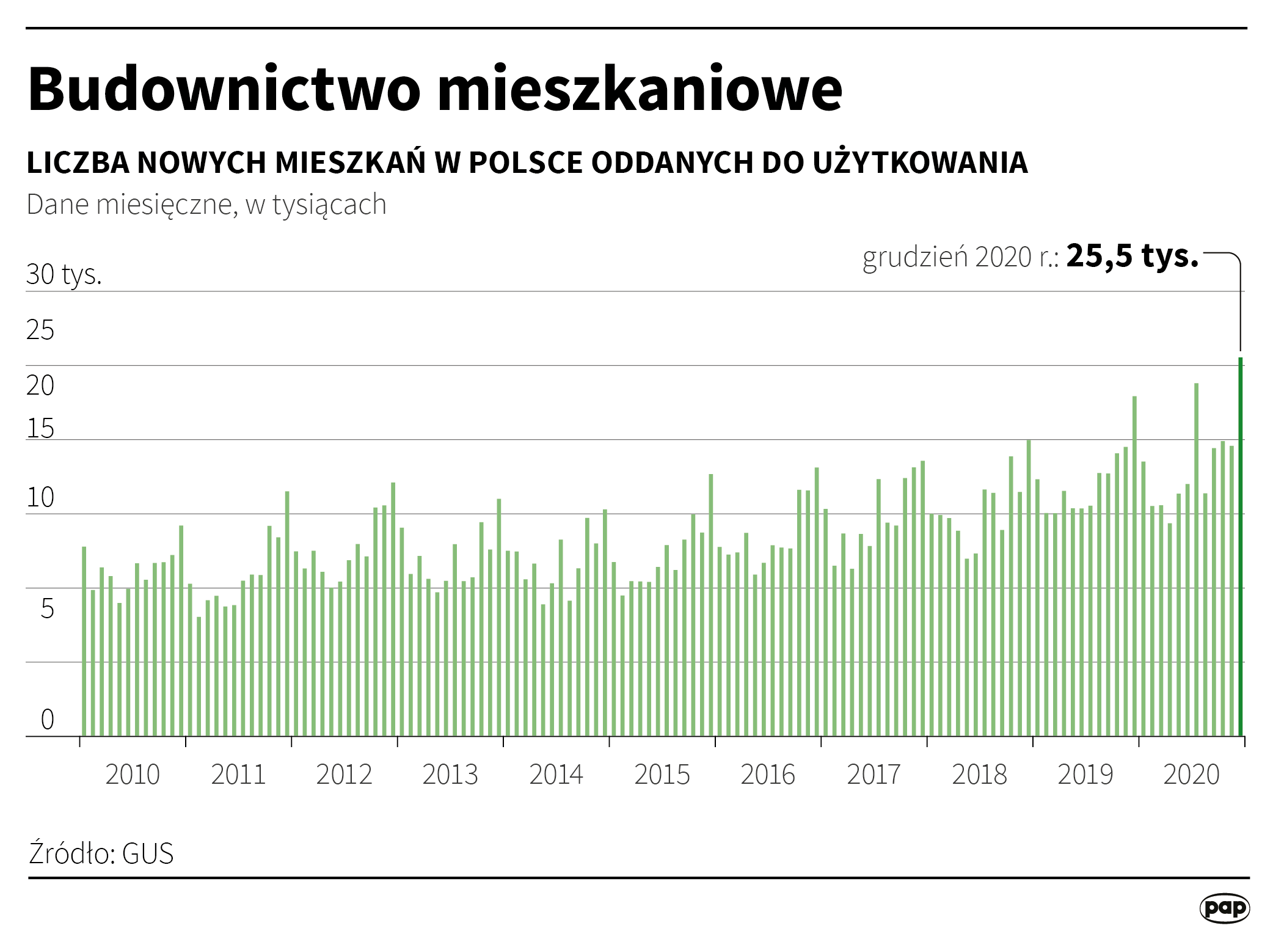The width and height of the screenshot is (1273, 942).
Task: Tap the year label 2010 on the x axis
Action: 133,775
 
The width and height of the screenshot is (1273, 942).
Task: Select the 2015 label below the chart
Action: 662,775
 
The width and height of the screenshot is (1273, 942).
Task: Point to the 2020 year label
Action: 1191,775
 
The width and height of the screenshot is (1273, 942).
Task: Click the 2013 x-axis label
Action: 450,775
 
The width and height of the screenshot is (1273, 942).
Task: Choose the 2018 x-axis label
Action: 979,775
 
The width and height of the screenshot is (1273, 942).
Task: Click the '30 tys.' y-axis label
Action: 64,274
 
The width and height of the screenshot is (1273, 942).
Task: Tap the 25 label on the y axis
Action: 40,330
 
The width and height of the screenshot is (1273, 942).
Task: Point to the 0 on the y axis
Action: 47,720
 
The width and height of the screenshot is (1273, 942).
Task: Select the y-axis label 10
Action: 40,498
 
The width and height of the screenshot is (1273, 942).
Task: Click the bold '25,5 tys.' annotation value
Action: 1133,255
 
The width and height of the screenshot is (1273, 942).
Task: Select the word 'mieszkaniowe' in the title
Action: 640,89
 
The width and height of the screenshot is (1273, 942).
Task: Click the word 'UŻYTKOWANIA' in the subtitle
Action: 921,162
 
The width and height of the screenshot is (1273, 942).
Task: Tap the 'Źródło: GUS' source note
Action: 101,853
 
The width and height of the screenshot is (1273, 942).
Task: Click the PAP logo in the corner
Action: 1224,908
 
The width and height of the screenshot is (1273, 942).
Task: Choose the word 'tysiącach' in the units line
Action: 329,205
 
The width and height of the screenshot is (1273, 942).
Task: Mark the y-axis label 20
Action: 40,385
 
